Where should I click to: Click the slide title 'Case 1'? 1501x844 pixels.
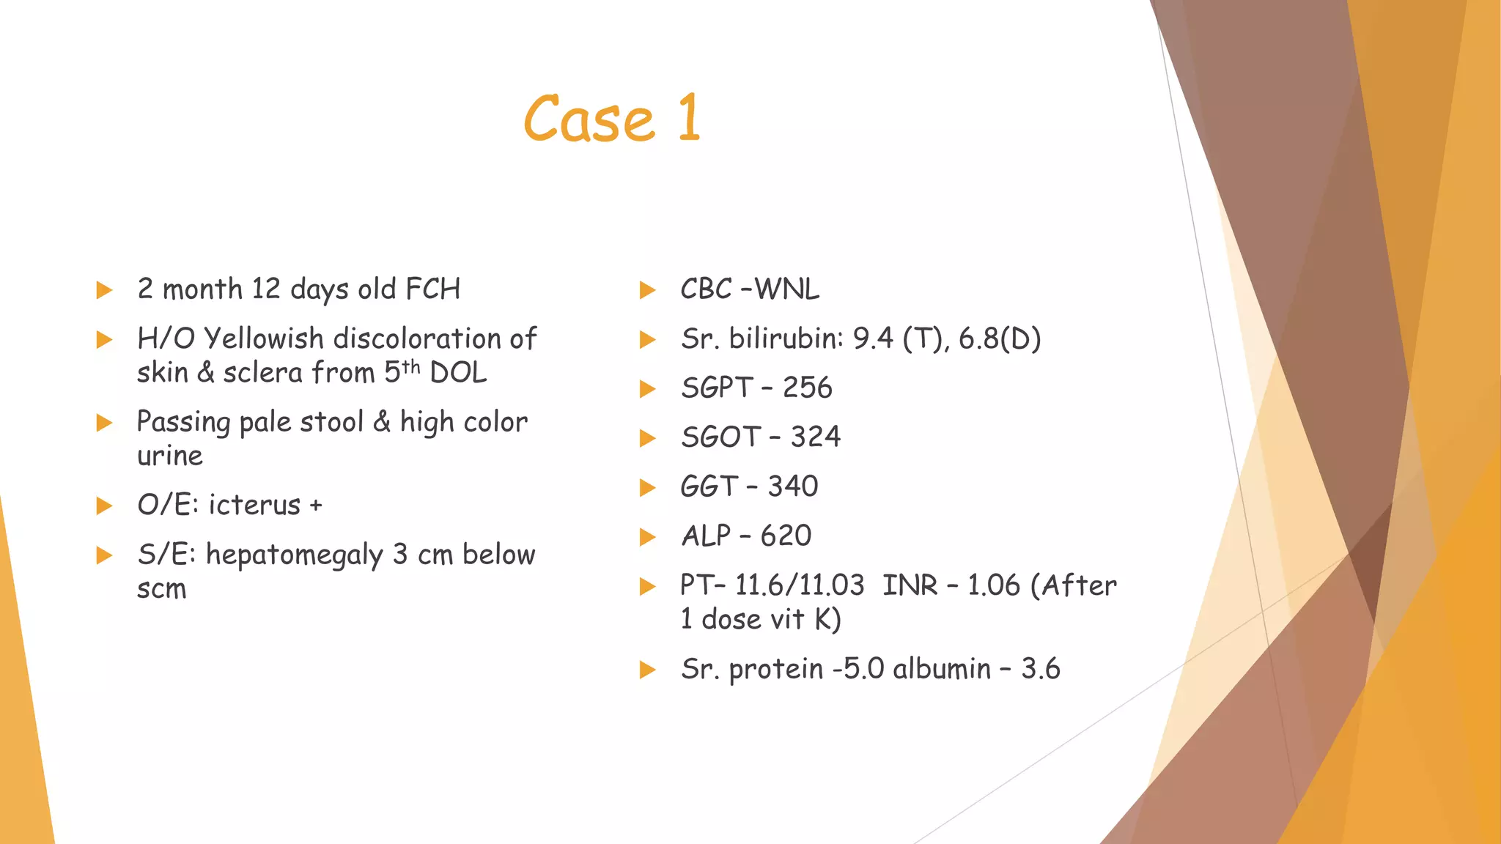point(612,119)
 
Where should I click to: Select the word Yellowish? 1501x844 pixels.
point(264,339)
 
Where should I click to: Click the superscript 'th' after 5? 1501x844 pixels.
point(411,366)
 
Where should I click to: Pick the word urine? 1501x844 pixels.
point(169,456)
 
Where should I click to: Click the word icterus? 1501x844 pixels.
point(254,506)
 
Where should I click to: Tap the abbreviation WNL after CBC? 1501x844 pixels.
point(786,289)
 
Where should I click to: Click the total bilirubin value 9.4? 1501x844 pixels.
point(874,339)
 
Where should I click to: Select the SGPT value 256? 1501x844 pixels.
point(807,388)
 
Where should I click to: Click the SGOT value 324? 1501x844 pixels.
point(815,437)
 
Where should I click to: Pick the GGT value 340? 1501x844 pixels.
point(792,486)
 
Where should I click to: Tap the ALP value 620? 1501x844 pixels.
point(786,536)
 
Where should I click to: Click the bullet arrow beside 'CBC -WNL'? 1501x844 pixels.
point(647,290)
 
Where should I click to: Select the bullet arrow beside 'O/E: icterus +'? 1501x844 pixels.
point(104,506)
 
